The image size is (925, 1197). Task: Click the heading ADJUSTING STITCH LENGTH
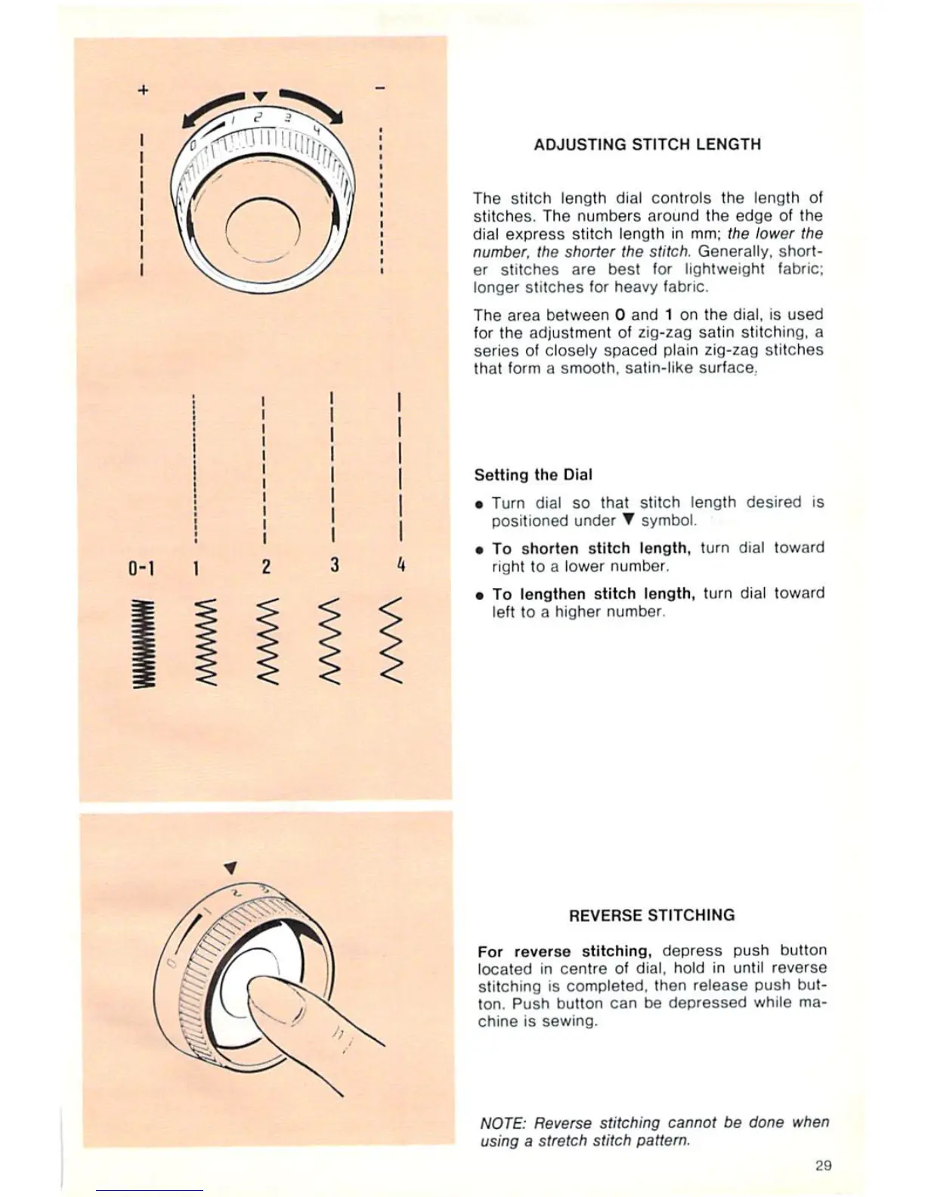click(647, 144)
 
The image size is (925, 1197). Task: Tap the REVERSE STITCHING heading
click(651, 915)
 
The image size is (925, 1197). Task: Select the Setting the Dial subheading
click(533, 475)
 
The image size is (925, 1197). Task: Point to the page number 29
click(823, 1165)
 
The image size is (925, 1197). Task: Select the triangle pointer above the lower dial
click(231, 867)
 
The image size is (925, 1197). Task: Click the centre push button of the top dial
click(264, 232)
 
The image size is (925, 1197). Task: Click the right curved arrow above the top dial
click(311, 105)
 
